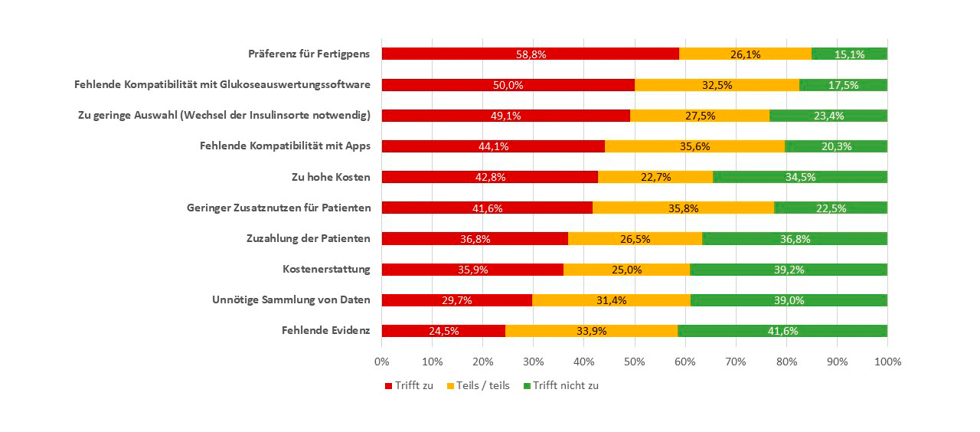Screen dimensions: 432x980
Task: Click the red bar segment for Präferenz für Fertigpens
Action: pyautogui.click(x=530, y=54)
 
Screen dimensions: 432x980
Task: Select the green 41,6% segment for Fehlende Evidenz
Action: pyautogui.click(x=782, y=331)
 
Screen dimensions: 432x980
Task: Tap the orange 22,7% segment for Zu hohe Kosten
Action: pyautogui.click(x=655, y=177)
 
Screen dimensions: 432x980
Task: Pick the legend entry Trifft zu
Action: pyautogui.click(x=409, y=385)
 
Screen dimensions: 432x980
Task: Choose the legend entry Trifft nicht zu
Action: pyautogui.click(x=560, y=385)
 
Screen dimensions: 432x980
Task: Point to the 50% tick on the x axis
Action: pyautogui.click(x=635, y=361)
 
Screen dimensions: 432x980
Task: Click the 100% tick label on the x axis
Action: pyautogui.click(x=887, y=361)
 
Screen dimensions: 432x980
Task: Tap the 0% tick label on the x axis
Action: pyautogui.click(x=382, y=361)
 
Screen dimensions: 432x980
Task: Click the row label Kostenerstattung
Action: pyautogui.click(x=326, y=269)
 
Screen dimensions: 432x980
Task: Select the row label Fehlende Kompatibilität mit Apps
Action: pyautogui.click(x=285, y=146)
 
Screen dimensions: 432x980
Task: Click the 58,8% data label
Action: pyautogui.click(x=530, y=54)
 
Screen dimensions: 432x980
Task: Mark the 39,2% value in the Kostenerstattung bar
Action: pyautogui.click(x=789, y=270)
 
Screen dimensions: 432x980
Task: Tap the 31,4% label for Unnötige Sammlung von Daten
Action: pyautogui.click(x=611, y=300)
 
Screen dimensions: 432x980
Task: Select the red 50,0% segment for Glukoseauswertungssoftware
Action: pyautogui.click(x=508, y=85)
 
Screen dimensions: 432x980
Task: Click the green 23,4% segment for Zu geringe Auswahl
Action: pyautogui.click(x=828, y=116)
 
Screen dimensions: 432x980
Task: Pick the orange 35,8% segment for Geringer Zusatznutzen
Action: pyautogui.click(x=684, y=208)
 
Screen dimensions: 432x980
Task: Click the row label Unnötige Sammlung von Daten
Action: pyautogui.click(x=291, y=299)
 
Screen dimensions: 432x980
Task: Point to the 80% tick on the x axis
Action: pyautogui.click(x=786, y=361)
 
